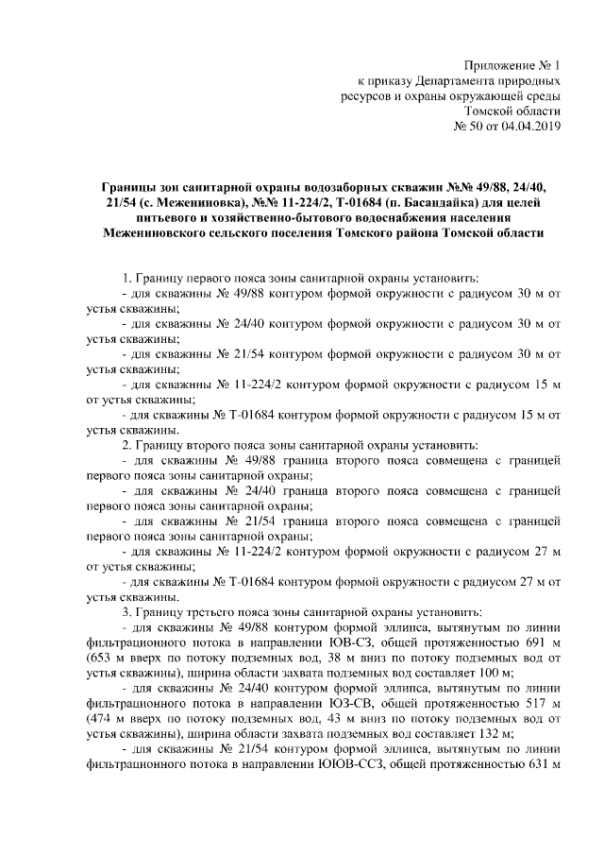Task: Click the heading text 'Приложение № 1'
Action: coord(513,65)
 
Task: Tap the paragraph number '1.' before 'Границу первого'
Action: coord(127,278)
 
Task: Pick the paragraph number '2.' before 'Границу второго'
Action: coord(127,444)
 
